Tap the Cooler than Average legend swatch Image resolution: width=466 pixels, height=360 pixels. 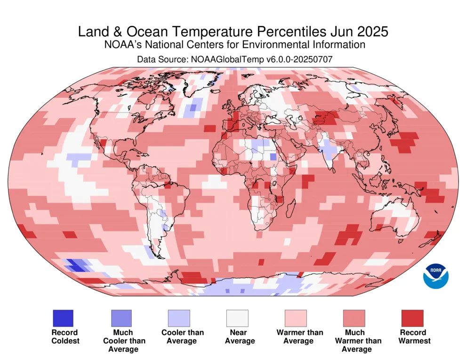point(179,318)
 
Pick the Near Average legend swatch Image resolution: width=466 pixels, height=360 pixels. point(237,318)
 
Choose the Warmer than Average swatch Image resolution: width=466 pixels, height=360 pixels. point(295,318)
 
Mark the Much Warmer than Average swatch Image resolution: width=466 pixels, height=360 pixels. point(354,318)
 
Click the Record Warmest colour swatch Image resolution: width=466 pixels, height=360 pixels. point(412,318)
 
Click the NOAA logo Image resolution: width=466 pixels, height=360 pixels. point(436,276)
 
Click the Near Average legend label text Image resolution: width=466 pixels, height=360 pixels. point(240,336)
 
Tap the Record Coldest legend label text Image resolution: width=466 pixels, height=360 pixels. point(65,336)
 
